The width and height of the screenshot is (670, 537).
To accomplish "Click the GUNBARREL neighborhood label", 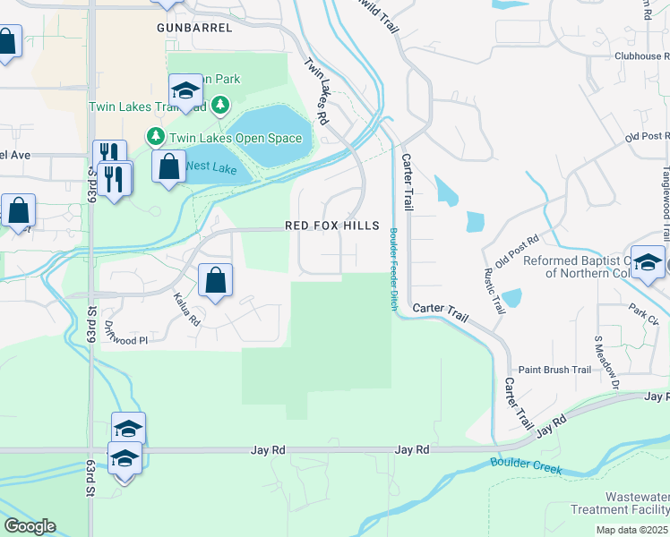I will point(194,28).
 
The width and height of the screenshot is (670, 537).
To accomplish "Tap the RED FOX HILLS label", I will point(332,226).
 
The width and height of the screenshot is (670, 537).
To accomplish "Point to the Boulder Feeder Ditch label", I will point(393,269).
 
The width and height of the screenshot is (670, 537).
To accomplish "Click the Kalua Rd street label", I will point(185,309).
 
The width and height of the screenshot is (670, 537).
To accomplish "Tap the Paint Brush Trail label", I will point(555,370).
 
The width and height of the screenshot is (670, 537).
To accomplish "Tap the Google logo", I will point(30,526).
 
